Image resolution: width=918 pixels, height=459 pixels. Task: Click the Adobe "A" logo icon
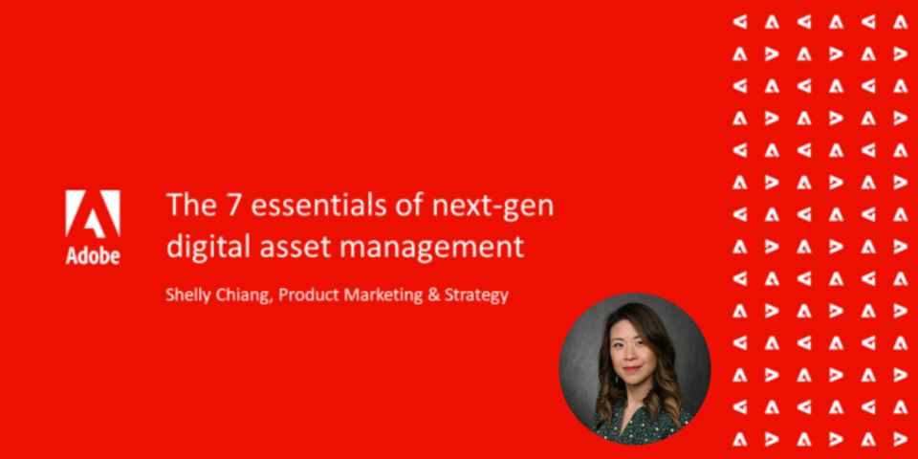pyautogui.click(x=93, y=213)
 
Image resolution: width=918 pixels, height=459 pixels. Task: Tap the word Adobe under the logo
pyautogui.click(x=93, y=255)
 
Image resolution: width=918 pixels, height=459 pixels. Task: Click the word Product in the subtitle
pyautogui.click(x=309, y=295)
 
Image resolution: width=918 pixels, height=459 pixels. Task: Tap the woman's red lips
pyautogui.click(x=632, y=369)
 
